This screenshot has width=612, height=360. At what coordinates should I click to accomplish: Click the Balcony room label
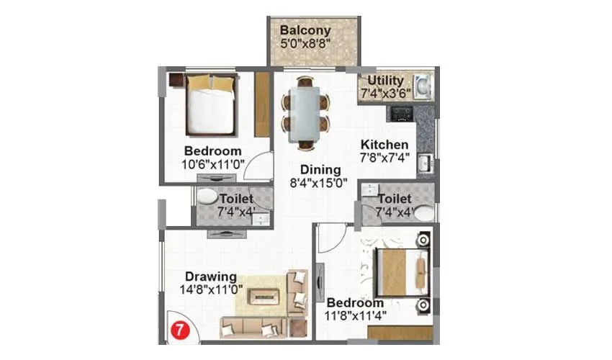tap(305, 31)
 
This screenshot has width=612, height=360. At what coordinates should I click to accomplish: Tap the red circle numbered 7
tap(176, 332)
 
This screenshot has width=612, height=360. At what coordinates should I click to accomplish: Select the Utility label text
tap(385, 81)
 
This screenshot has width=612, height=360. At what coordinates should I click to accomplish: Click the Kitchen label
tap(384, 144)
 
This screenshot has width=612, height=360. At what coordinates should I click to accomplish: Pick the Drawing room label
tap(211, 276)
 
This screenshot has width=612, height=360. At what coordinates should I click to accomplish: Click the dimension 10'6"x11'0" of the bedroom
tap(212, 164)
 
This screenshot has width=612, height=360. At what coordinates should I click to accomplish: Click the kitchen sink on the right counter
tap(425, 161)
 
